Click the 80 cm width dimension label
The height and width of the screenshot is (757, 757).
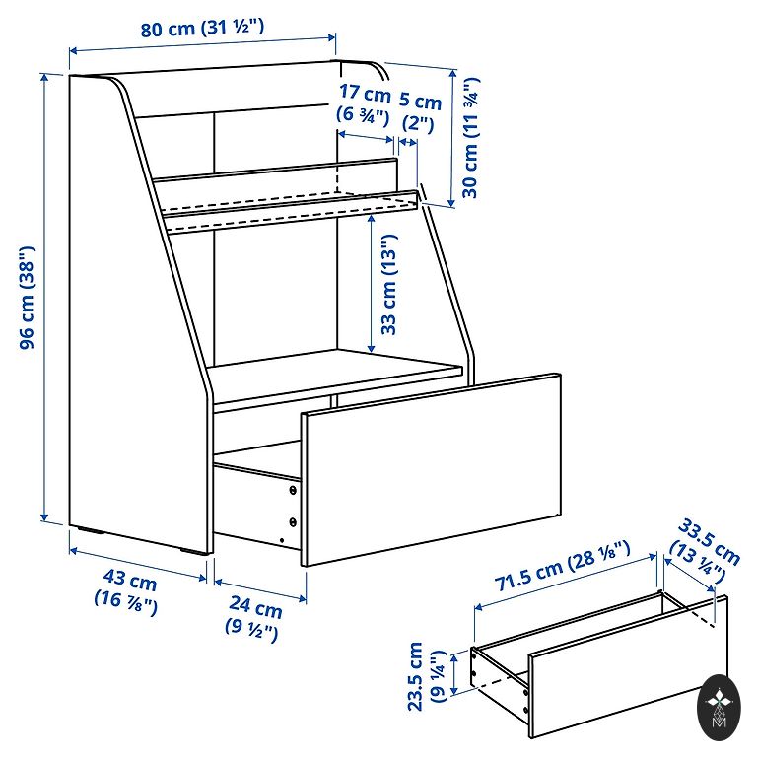click(x=202, y=28)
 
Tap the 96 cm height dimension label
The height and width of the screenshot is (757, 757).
click(x=27, y=298)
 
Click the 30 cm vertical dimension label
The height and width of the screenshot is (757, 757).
click(x=470, y=138)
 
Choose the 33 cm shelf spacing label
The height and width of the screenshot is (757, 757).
click(x=388, y=284)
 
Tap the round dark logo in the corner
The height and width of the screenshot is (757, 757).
click(x=719, y=709)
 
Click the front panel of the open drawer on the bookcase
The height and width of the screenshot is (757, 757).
click(x=431, y=469)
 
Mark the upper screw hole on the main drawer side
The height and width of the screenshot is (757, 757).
click(x=293, y=491)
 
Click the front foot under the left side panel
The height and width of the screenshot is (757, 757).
click(x=194, y=552)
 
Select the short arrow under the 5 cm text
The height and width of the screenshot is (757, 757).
click(x=408, y=142)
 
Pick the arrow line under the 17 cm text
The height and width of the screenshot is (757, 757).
click(x=366, y=137)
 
